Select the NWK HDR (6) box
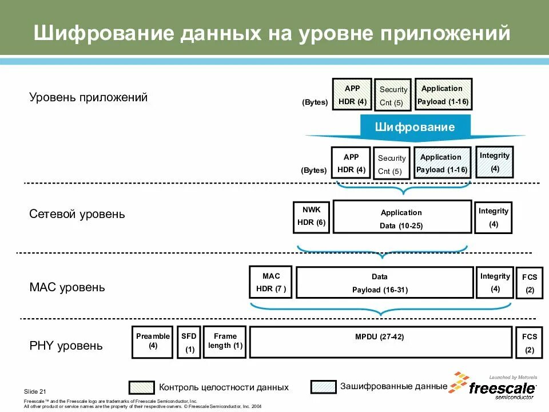(x=312, y=217)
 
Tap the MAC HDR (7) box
(x=270, y=282)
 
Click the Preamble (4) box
(x=153, y=342)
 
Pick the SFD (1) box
(x=189, y=342)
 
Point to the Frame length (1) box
(x=224, y=342)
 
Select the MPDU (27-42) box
(x=380, y=342)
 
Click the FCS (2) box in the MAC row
(x=530, y=283)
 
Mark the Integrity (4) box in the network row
(x=494, y=217)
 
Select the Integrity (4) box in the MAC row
(x=495, y=282)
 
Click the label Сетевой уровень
(x=77, y=215)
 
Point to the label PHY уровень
(x=66, y=346)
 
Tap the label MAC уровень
(x=67, y=287)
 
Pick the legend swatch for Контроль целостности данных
(x=141, y=387)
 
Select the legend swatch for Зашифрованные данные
(x=323, y=387)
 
